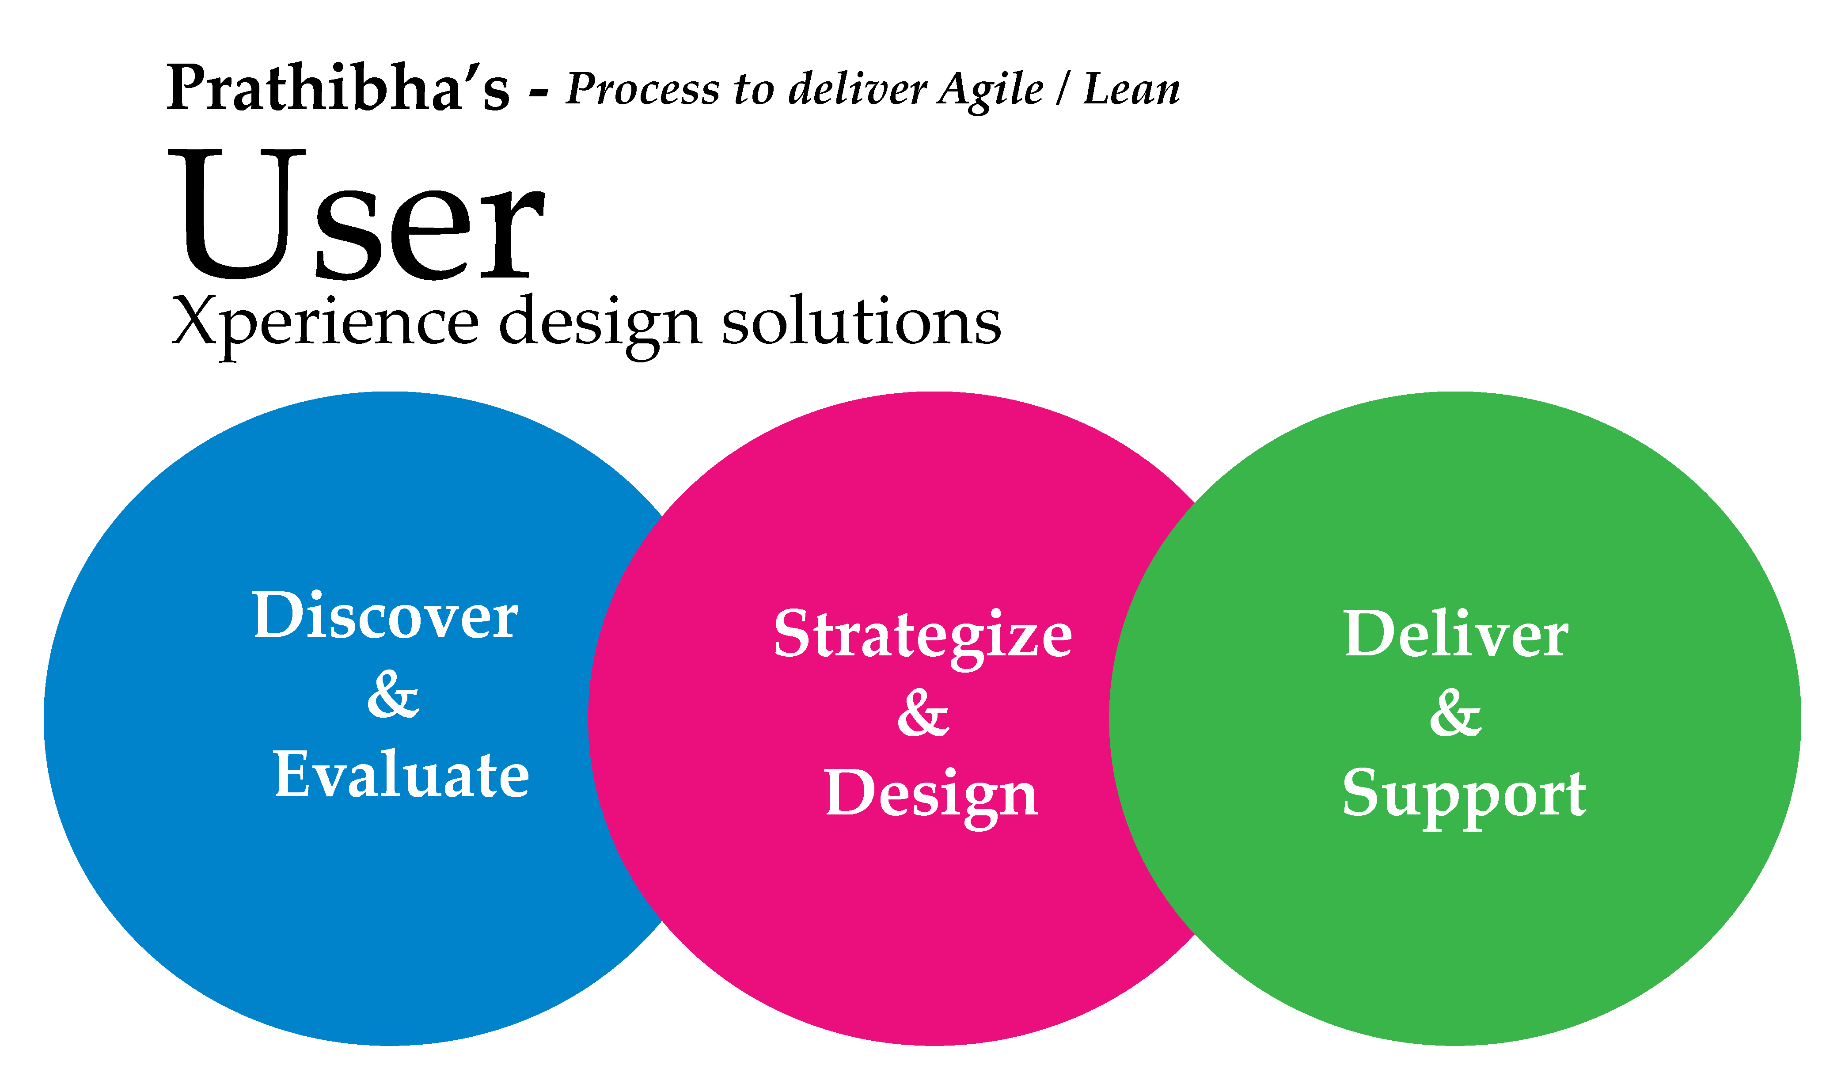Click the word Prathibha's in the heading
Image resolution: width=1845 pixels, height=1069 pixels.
click(x=338, y=88)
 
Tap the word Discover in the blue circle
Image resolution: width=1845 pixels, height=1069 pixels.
click(x=385, y=616)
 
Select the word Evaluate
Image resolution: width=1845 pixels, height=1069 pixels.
click(x=401, y=775)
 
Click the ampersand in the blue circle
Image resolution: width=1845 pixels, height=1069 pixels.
click(x=393, y=694)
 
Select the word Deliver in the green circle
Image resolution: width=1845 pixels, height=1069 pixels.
click(x=1455, y=633)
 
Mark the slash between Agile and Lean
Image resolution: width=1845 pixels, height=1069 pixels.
click(x=1063, y=90)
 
